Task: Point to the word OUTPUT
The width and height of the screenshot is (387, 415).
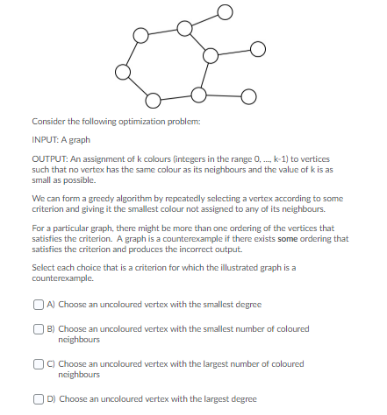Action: [46, 158]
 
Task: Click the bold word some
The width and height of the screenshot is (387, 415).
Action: [307, 237]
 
